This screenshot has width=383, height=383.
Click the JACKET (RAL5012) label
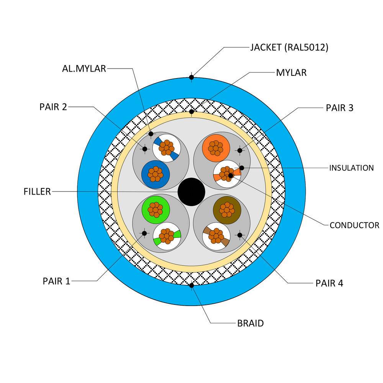coord(289,47)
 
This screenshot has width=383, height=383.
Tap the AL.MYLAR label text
coord(84,69)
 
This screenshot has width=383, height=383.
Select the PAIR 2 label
coord(53,107)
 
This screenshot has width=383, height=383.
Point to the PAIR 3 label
coord(339,108)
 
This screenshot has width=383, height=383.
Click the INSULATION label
coord(352,168)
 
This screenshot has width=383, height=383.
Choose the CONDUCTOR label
coord(354,225)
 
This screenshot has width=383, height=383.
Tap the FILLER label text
coord(37,191)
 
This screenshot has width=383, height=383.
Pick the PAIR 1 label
coord(56,281)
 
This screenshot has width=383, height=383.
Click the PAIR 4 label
coord(329,283)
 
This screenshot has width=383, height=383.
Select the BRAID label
coord(250,323)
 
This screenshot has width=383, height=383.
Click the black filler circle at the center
coord(191,192)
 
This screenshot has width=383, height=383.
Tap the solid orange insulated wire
coord(216,148)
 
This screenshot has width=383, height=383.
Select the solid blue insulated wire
coord(155,174)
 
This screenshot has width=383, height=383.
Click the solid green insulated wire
coord(155,210)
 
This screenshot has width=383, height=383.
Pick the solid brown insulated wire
coord(227,210)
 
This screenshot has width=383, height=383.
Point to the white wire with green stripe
coord(167,236)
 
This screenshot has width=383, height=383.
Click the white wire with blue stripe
coord(167,148)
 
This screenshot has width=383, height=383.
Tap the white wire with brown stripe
coord(216,236)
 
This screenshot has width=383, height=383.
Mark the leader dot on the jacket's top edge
coord(191,77)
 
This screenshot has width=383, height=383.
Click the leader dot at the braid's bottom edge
coord(191,285)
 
